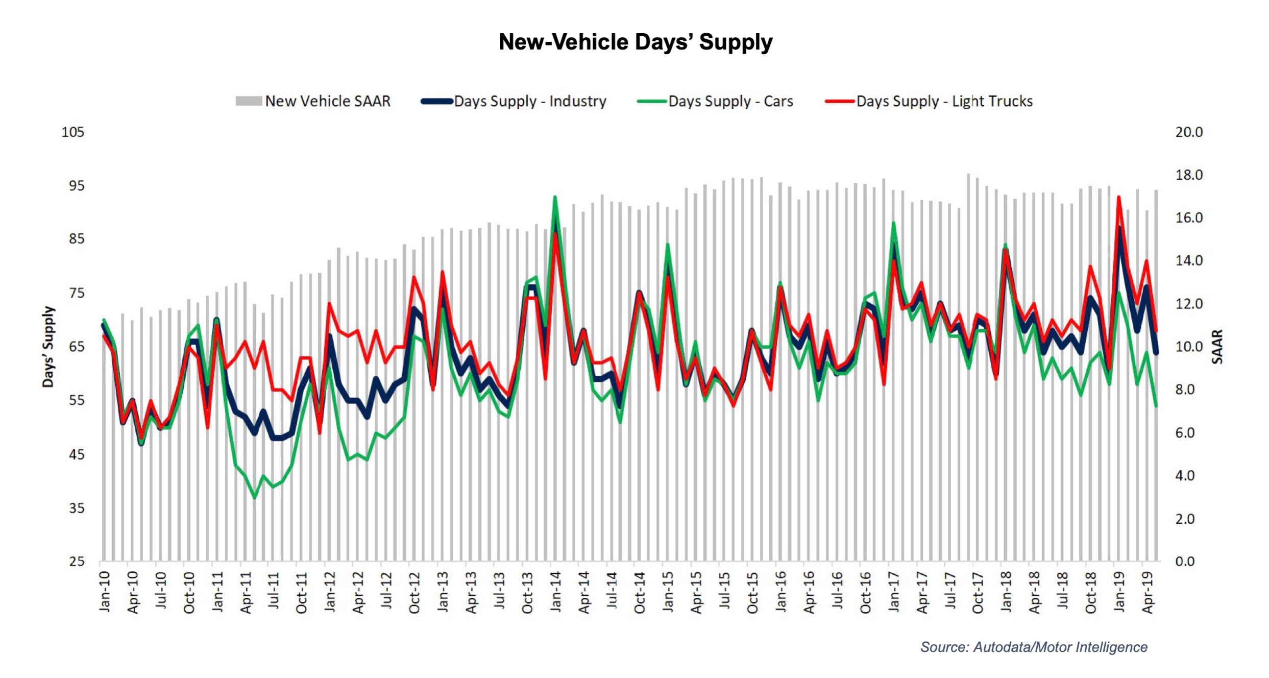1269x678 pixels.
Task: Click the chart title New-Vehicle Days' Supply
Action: click(635, 42)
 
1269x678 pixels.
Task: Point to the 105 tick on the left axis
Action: click(72, 132)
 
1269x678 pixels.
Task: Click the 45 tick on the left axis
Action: click(76, 454)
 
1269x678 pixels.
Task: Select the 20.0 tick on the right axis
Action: click(1188, 132)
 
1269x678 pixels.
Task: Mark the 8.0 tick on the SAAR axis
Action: click(1188, 390)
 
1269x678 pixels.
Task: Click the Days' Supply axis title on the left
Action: click(48, 347)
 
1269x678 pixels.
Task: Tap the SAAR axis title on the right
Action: click(1217, 347)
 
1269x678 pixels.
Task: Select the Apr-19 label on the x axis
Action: click(1148, 592)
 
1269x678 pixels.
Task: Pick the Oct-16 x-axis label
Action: click(865, 592)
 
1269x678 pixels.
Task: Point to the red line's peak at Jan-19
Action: click(1118, 197)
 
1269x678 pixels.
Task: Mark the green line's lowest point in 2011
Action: click(255, 498)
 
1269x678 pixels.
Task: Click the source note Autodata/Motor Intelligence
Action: click(1034, 647)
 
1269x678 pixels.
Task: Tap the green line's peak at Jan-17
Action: click(893, 223)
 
